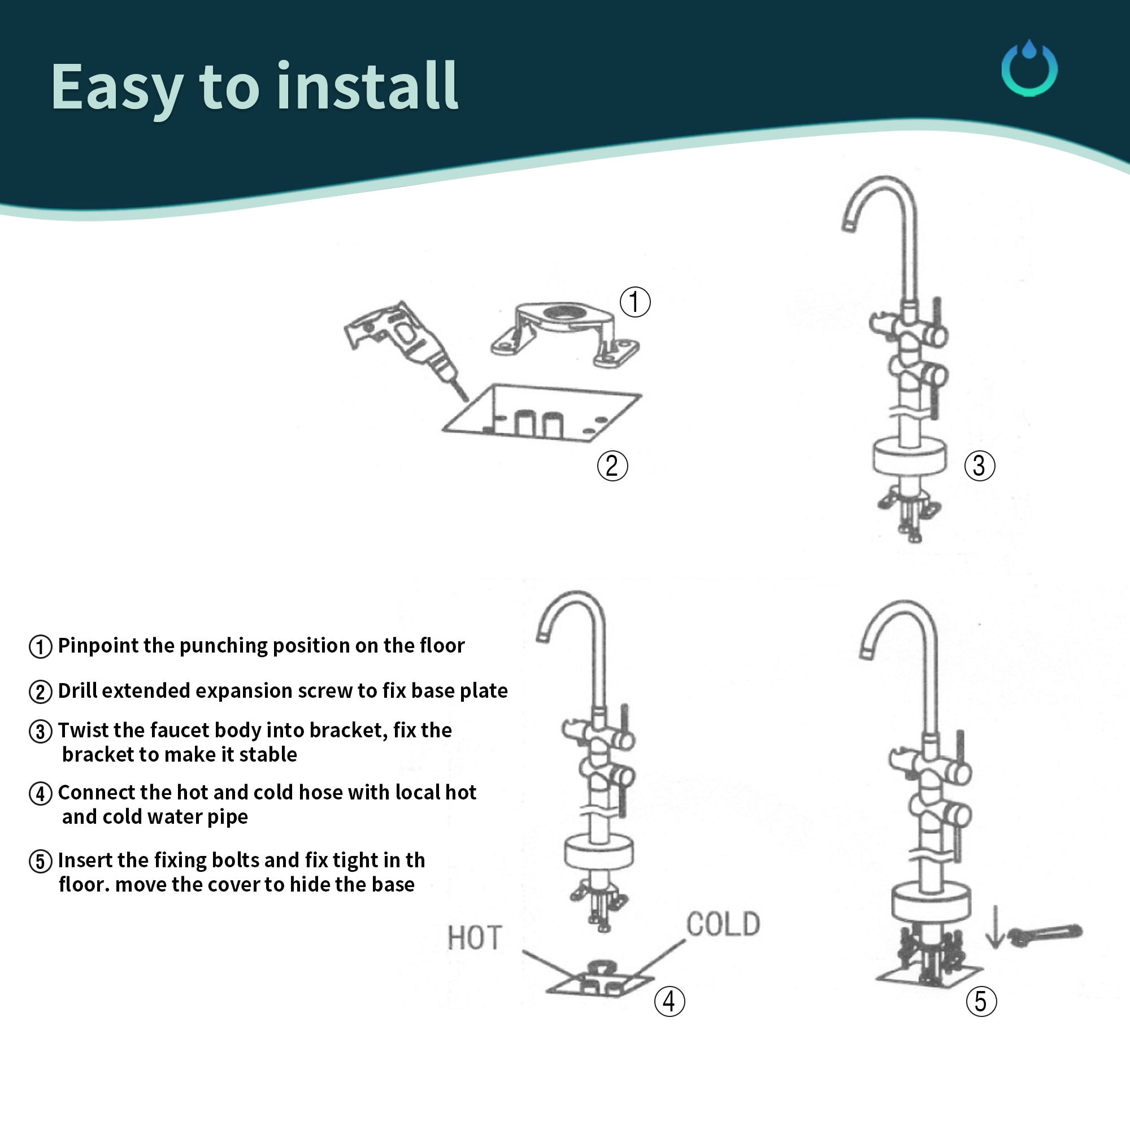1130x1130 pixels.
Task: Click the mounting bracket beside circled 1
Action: click(564, 334)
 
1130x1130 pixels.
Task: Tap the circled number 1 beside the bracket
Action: click(634, 302)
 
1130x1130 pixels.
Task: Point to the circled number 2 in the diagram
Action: click(612, 466)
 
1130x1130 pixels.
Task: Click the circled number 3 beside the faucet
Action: click(979, 466)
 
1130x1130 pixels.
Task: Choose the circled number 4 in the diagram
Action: click(669, 1001)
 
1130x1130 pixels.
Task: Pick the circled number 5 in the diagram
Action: click(981, 1001)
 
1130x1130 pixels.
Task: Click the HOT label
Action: click(475, 938)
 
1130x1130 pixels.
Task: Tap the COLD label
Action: click(723, 925)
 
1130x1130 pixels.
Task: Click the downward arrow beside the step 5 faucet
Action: click(994, 927)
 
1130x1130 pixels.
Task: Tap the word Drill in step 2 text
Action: click(80, 690)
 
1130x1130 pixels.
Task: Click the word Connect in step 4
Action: click(97, 792)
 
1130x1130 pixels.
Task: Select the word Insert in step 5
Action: click(85, 860)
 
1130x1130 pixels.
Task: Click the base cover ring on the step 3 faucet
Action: click(910, 456)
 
